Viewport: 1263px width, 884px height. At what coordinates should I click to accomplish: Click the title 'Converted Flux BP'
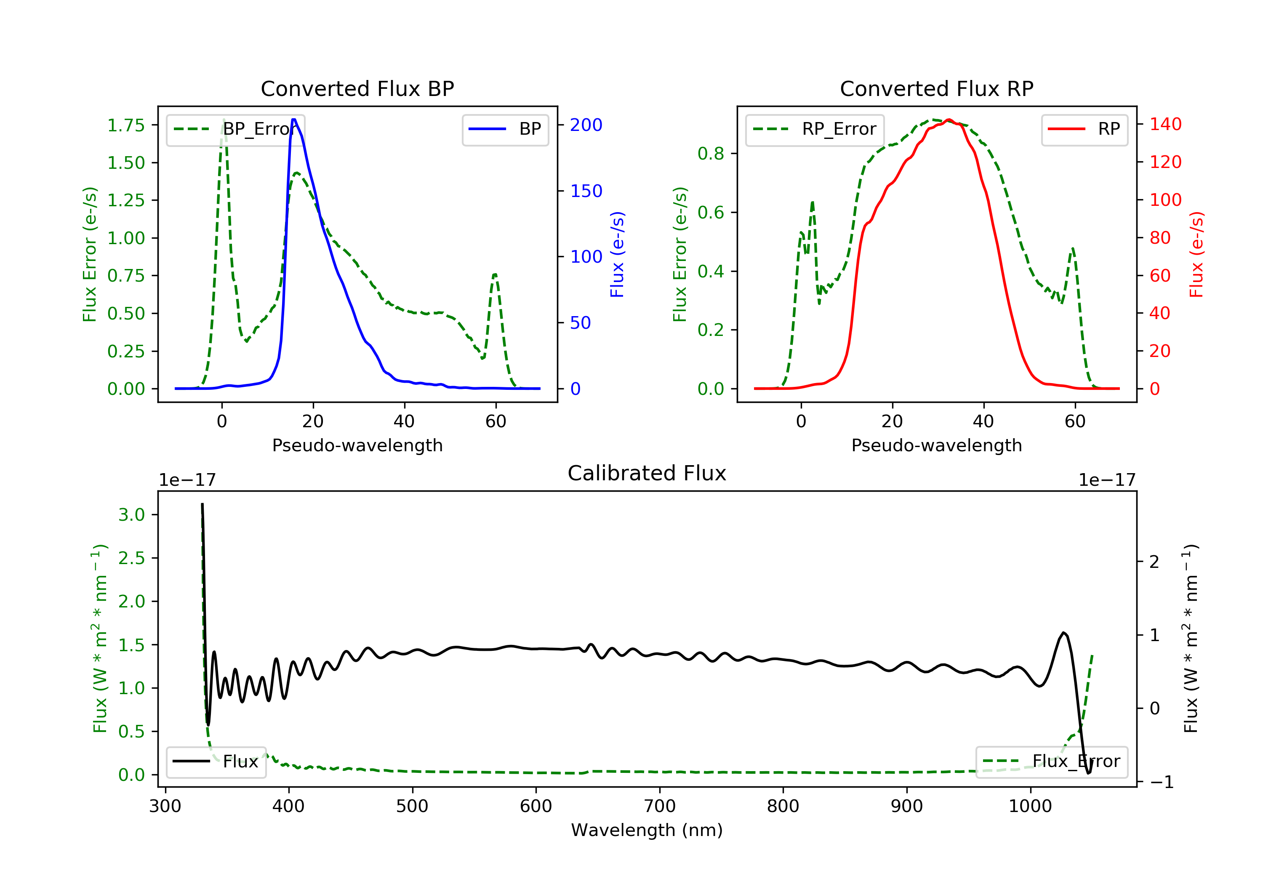357,88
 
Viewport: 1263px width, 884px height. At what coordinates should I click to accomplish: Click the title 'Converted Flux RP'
936,88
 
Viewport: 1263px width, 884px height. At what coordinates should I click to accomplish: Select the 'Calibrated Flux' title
647,473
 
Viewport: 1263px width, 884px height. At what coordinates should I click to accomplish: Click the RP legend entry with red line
1084,129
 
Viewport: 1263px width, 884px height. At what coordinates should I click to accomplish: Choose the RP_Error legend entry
814,129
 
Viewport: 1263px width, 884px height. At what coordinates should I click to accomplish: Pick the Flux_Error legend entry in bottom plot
1051,762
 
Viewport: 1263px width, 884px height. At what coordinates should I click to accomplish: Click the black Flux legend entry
216,762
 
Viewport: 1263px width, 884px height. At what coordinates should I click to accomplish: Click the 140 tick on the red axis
1165,124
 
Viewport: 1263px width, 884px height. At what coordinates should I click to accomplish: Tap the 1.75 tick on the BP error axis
126,125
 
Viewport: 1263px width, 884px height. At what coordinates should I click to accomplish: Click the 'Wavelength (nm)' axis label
647,830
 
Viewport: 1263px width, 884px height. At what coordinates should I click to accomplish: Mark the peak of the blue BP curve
294,120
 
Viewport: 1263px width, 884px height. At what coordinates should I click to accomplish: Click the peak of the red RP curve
949,120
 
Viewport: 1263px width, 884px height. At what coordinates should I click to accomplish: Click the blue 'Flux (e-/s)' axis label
617,255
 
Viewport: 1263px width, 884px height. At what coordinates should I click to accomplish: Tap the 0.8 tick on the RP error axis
711,154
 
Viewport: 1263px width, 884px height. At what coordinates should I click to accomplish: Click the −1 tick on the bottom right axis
1161,782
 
